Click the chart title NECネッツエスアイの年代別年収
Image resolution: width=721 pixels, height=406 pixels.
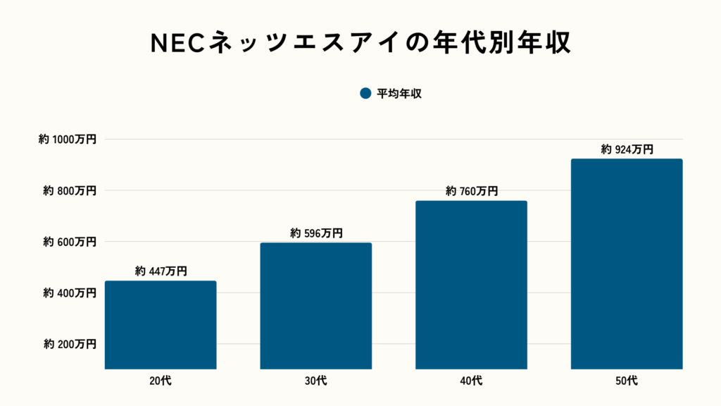360,42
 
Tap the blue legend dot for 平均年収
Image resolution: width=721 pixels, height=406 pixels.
365,94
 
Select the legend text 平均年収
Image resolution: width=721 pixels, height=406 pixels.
399,94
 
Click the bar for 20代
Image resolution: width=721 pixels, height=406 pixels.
161,324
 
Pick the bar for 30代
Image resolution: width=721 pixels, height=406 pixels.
316,305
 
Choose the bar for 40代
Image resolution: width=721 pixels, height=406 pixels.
471,284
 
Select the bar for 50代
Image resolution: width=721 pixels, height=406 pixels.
627,263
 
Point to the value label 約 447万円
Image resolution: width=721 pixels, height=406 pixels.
161,271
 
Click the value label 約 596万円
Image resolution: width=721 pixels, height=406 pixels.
316,233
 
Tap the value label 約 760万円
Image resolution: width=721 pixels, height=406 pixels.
472,191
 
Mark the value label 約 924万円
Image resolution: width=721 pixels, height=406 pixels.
627,149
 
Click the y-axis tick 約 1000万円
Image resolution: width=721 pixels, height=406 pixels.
68,140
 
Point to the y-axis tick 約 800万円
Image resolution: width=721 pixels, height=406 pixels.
70,190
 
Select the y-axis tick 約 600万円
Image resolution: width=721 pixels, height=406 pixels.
70,242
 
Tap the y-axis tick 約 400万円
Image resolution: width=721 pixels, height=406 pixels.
70,293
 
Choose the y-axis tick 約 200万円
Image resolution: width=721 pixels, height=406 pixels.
70,344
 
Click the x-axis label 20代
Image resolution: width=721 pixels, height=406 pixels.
161,381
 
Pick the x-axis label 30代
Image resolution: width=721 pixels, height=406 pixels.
316,381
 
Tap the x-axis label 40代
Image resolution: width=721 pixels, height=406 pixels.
472,381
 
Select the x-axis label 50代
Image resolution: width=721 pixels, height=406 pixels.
627,381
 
